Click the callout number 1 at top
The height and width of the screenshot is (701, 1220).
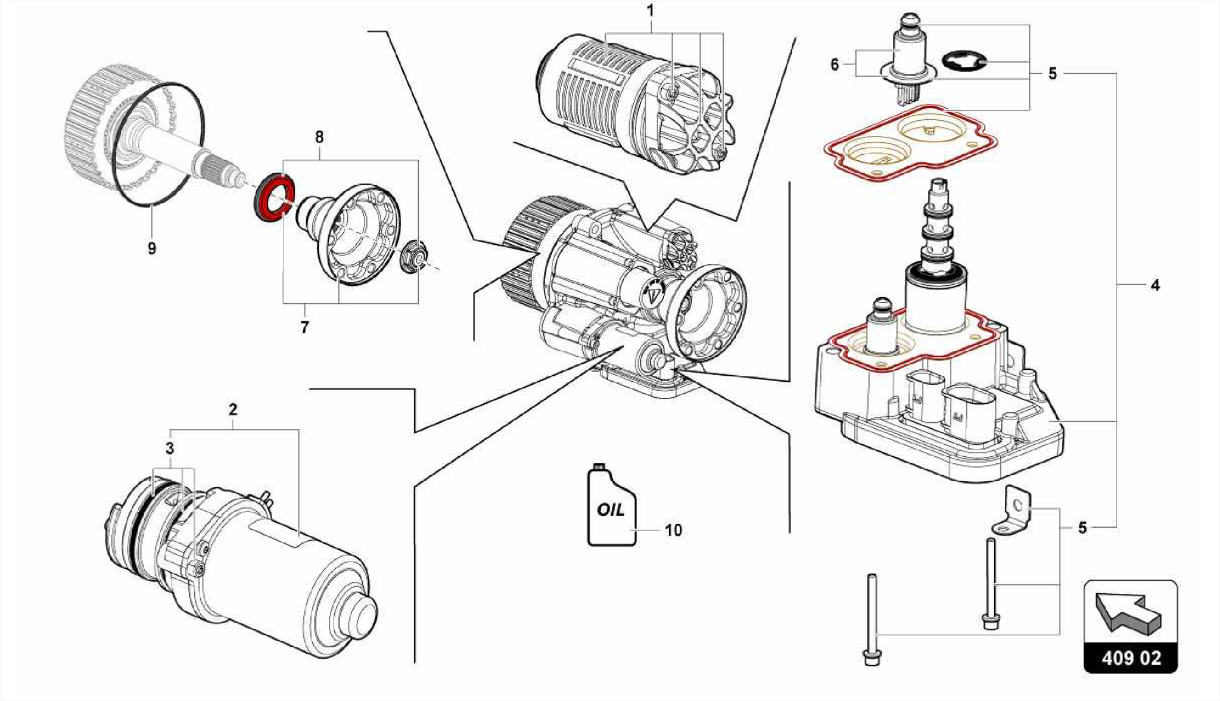click(x=651, y=11)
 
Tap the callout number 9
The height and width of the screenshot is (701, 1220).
click(x=152, y=248)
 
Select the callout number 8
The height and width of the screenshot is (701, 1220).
click(x=319, y=138)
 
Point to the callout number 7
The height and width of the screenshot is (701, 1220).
click(x=304, y=327)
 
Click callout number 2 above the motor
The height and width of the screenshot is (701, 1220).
click(x=233, y=409)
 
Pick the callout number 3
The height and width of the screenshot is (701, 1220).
click(x=170, y=448)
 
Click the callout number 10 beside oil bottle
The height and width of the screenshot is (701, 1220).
click(x=673, y=530)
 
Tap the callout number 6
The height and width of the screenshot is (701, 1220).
click(x=835, y=64)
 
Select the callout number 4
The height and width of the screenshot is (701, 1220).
click(x=1155, y=285)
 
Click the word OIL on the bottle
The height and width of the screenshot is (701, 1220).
click(x=611, y=510)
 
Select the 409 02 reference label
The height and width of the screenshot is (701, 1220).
click(x=1131, y=658)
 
